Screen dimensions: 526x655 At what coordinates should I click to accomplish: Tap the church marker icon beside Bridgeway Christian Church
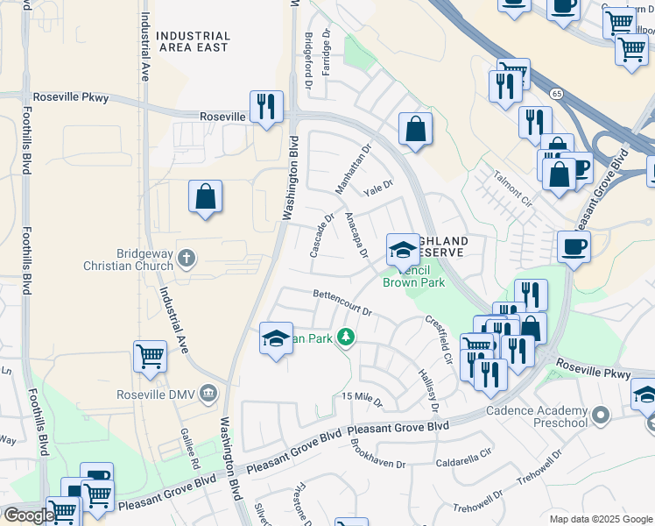(x=186, y=258)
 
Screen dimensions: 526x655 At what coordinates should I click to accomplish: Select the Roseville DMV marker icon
(x=208, y=392)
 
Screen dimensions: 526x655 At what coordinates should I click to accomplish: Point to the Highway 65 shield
(x=556, y=93)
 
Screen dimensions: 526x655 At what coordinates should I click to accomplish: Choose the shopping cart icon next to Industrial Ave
(x=150, y=357)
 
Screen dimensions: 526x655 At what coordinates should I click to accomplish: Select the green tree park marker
(x=347, y=337)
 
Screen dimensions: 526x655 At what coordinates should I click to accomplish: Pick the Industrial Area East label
(x=193, y=42)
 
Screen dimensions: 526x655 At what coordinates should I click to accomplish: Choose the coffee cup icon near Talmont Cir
(x=574, y=246)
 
